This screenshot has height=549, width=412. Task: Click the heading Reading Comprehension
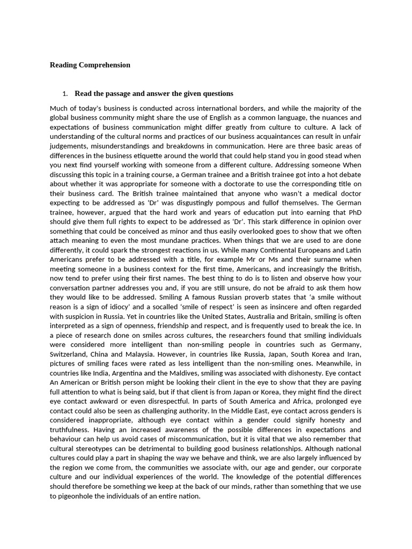point(90,65)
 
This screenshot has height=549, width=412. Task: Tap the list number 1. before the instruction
point(65,94)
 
